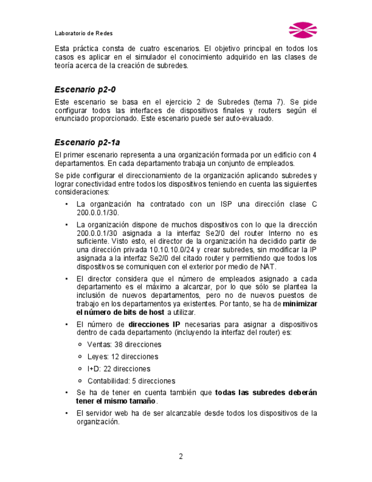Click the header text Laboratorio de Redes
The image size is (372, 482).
84,33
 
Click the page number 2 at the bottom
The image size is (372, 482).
181,456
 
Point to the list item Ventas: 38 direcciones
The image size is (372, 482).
124,344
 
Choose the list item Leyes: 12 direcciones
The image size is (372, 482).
122,357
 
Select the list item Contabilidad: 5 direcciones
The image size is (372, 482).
131,381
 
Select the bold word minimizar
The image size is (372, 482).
300,304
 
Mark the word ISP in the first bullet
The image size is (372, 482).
228,204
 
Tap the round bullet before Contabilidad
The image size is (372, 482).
80,381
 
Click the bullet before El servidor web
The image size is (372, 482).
67,413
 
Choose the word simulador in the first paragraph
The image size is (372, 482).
164,57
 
